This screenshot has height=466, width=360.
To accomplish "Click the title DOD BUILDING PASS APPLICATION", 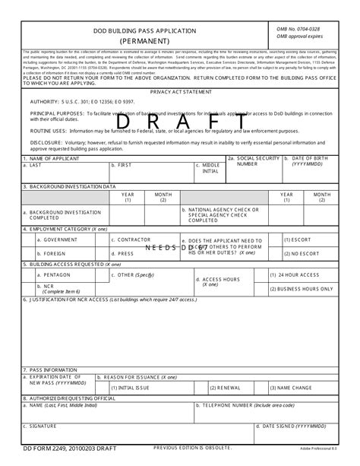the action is click(x=144, y=30).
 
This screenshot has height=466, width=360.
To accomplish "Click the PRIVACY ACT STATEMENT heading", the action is click(x=181, y=90).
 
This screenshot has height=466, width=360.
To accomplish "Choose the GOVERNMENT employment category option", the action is click(x=60, y=239).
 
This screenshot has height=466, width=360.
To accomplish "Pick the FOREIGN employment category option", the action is click(x=55, y=253).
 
